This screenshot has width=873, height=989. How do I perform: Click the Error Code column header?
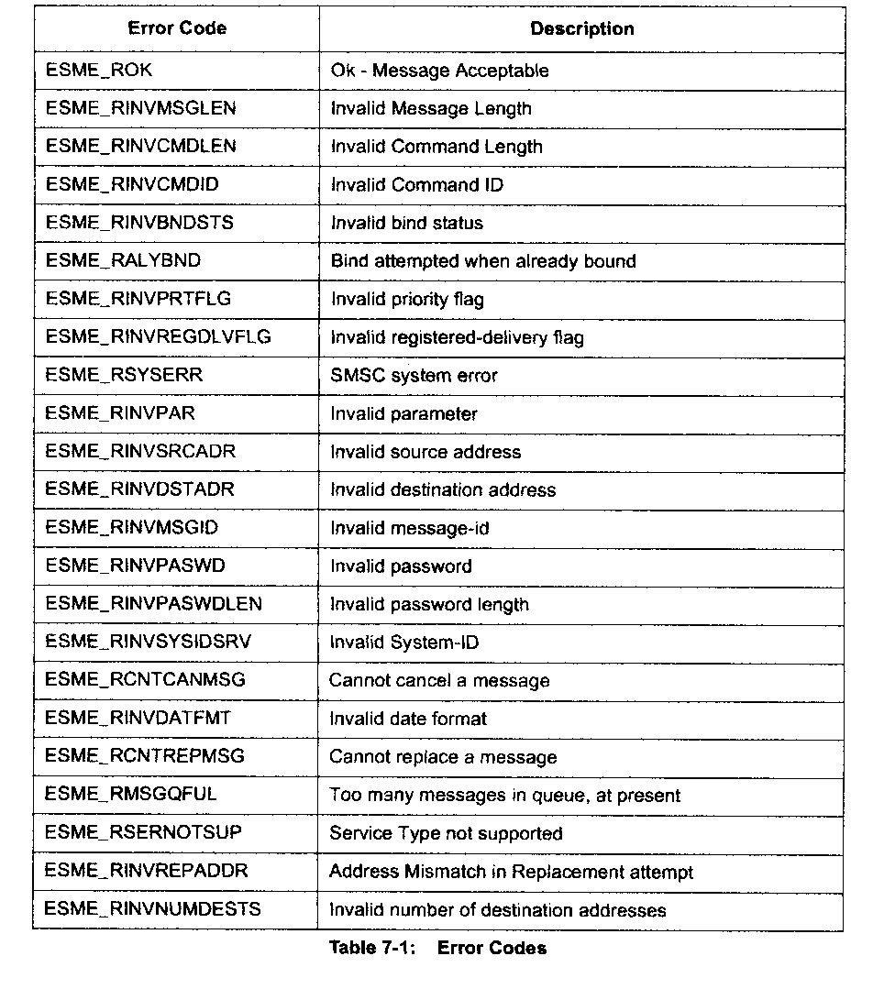coord(177,28)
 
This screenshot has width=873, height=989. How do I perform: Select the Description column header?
coord(581,28)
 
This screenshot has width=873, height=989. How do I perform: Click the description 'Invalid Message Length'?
coord(430,109)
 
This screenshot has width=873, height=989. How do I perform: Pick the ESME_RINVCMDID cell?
coord(132,185)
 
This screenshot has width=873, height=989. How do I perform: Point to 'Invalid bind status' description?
coord(406,223)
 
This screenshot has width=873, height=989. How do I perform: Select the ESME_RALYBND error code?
coord(123,261)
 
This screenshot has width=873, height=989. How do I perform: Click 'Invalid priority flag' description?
coord(406,300)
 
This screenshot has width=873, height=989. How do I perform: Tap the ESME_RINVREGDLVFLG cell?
coord(158,337)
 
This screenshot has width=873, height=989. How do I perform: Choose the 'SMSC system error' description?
coord(414,376)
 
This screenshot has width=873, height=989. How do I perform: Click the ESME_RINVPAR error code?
coord(120,413)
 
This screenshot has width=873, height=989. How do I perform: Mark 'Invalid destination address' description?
coord(442,490)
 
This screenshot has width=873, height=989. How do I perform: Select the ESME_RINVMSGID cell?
coord(132,528)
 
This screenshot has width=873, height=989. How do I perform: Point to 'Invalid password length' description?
coord(429,605)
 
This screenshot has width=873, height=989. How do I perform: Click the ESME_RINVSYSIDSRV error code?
coord(148,643)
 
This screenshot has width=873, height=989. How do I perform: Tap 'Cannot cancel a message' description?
coord(439,681)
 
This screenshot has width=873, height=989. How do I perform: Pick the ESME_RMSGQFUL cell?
coord(131,795)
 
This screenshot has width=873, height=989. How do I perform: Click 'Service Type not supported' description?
coord(446,834)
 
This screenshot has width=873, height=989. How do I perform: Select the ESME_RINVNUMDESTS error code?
coord(152,909)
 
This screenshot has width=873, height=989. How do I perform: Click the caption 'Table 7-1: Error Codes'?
coord(437,949)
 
